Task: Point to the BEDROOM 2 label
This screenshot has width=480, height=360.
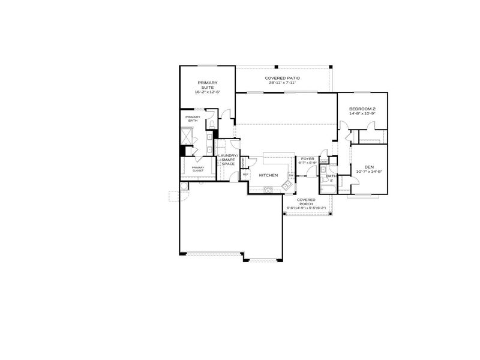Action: coord(362,109)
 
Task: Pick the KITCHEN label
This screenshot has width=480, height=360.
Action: coord(268,175)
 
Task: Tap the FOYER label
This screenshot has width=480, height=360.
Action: coord(307,158)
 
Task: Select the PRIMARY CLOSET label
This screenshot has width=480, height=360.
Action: coord(197,169)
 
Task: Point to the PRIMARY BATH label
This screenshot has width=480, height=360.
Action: coord(192,119)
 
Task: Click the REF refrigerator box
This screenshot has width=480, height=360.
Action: coord(245,175)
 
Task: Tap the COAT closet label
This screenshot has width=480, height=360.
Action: coord(323,161)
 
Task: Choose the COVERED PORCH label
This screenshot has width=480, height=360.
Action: coord(306,202)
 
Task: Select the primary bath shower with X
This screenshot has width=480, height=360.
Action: coord(188,136)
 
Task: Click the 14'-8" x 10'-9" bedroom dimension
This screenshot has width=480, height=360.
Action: coord(362,114)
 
